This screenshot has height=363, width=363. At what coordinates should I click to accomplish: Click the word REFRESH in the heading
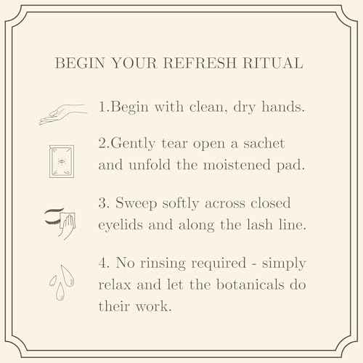tap(200, 63)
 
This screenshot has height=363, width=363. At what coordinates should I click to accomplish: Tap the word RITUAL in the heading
tap(273, 63)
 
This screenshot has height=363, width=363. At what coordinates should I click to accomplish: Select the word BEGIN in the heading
tap(80, 63)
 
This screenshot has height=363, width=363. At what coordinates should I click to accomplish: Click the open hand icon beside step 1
tap(63, 115)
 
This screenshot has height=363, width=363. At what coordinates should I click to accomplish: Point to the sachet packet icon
tap(62, 161)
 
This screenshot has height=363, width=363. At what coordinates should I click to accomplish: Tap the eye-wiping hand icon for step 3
tap(60, 223)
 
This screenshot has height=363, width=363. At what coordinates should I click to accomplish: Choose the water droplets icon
tap(62, 282)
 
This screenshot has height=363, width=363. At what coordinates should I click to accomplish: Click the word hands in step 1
tap(283, 107)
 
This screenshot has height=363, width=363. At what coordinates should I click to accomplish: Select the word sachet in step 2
tap(264, 143)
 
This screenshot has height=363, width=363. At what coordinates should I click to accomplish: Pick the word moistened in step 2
tap(237, 165)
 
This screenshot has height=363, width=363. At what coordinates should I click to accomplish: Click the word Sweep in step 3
tap(136, 204)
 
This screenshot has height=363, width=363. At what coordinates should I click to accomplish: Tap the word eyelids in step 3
tap(121, 225)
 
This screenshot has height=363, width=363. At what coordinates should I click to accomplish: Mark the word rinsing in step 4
tap(163, 264)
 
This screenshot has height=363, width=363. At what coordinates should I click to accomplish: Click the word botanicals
tap(250, 285)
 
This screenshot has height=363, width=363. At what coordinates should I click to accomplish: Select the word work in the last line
tap(153, 306)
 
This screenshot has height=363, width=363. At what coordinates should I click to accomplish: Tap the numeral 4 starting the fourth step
tap(104, 263)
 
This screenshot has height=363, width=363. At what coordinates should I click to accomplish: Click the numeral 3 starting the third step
tap(104, 203)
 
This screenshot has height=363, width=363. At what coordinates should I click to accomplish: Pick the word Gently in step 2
tap(133, 144)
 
